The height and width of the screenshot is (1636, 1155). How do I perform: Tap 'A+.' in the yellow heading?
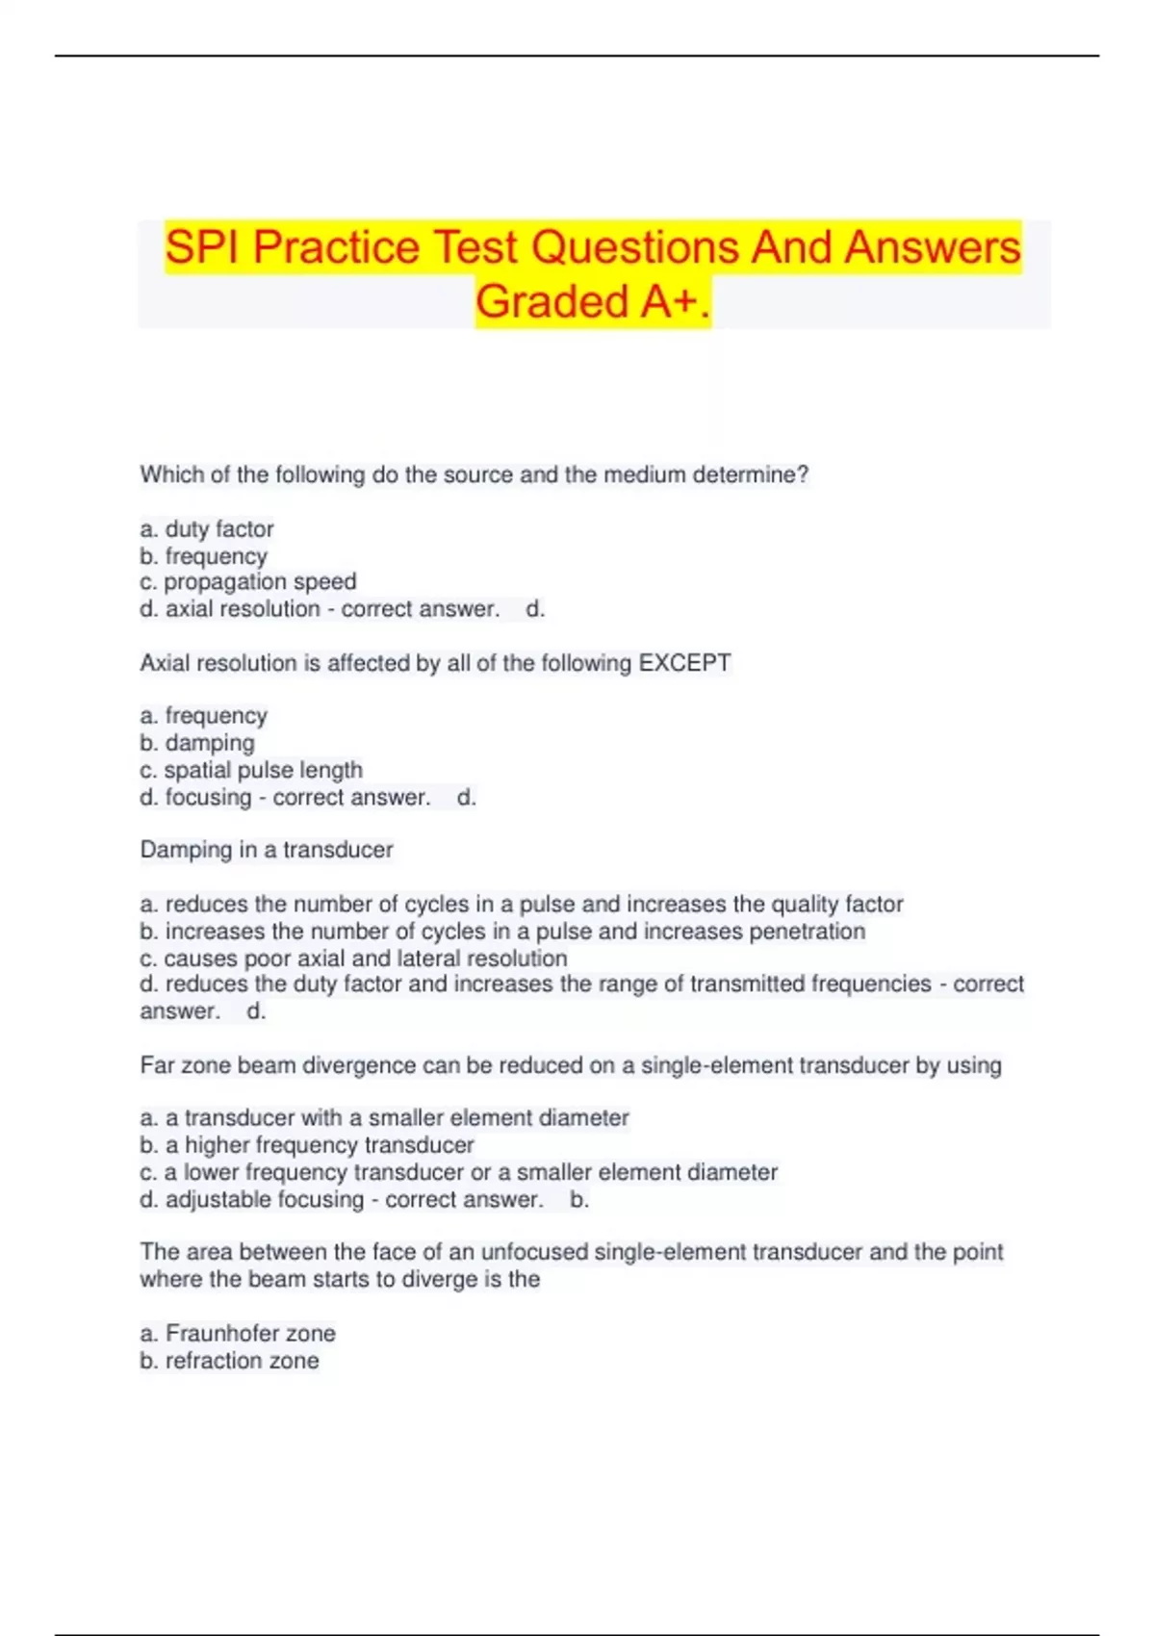tap(676, 301)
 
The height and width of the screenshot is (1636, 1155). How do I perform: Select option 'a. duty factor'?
tap(207, 529)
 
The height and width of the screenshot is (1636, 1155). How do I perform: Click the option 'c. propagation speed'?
tap(248, 581)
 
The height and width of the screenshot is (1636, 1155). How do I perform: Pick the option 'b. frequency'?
tap(204, 556)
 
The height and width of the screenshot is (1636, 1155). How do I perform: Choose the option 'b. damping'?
tap(197, 743)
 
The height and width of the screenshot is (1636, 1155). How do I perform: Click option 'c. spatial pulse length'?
tap(251, 770)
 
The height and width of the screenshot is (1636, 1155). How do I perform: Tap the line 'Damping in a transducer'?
tap(267, 850)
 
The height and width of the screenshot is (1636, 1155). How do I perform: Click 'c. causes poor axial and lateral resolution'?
tap(353, 959)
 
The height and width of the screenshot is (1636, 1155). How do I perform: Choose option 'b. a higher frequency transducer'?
tap(307, 1145)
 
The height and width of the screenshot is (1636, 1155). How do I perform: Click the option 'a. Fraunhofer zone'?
tap(238, 1334)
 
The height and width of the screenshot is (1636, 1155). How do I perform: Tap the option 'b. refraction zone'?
tap(229, 1361)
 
